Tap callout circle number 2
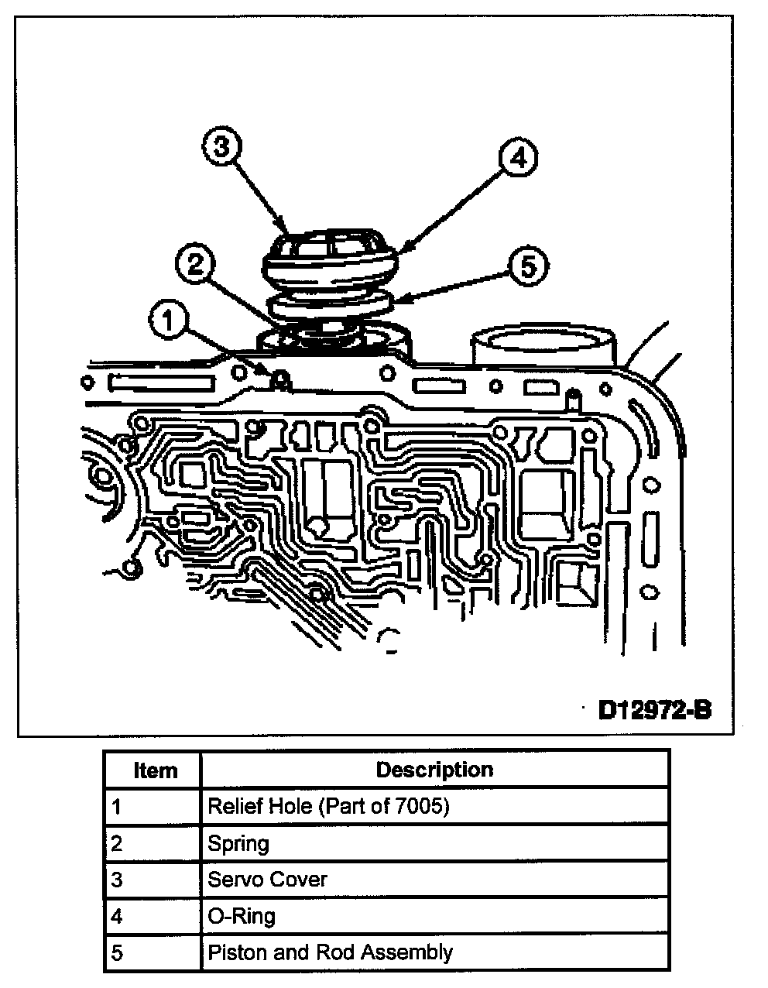point(197,265)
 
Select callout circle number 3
point(222,147)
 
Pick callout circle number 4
point(517,158)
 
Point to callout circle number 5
point(526,267)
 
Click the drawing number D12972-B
point(654,709)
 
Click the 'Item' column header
point(155,770)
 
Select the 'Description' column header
point(434,770)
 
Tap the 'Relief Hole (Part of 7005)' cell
point(328,806)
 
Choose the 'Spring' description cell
point(238,842)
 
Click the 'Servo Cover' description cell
point(268,880)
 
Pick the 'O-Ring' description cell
point(242,916)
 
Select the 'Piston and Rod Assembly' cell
point(330,952)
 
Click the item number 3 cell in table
point(117,880)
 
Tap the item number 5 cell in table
point(117,952)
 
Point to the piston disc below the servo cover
point(329,304)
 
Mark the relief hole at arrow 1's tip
point(280,379)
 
